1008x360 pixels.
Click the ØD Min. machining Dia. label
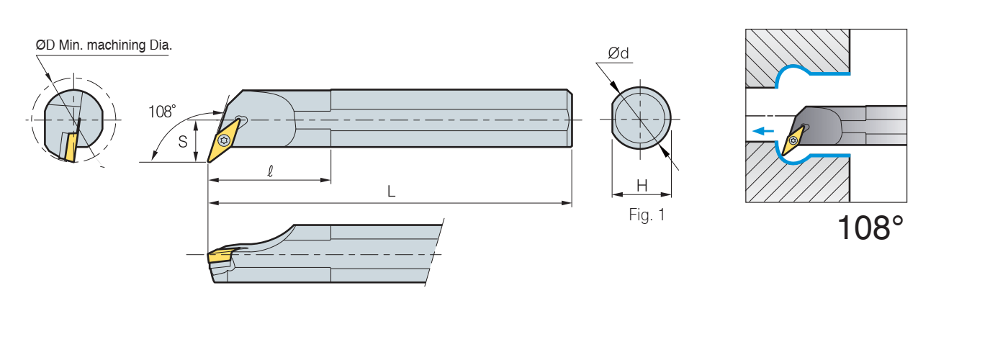coord(104,45)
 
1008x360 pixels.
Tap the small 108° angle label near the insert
coord(162,111)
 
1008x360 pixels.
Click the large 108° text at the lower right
coord(870,228)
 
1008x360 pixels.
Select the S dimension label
coord(183,142)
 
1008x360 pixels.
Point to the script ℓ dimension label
coord(269,171)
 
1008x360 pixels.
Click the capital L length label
coord(391,192)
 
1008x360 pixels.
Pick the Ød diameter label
coord(618,53)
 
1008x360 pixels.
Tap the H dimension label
coord(642,186)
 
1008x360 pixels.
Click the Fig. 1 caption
coord(647,215)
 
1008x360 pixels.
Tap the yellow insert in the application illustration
coord(795,139)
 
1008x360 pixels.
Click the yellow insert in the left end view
coord(70,147)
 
